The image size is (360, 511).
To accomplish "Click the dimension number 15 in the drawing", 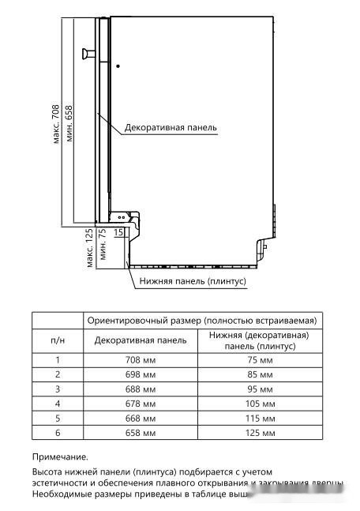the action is [118, 232].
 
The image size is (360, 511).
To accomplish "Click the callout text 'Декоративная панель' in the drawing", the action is [170, 126].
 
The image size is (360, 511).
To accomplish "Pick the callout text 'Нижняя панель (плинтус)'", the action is [193, 280].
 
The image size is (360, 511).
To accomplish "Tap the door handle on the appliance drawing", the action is [85, 54].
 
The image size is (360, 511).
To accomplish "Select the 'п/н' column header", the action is [58, 340].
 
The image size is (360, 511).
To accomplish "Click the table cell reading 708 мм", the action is [140, 360].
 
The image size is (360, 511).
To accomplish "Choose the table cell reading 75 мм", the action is [259, 360].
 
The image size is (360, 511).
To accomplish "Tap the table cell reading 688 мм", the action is [140, 389].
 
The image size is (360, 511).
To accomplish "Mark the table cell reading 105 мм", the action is [259, 404].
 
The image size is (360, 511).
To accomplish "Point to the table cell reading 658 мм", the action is [140, 433].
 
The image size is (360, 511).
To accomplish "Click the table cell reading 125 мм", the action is [259, 433].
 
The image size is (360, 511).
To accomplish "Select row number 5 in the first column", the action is [58, 419].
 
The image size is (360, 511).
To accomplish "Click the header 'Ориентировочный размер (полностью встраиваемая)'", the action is [201, 321].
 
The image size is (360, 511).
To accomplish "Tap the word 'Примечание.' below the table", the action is [60, 457].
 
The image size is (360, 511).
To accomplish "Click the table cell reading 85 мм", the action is [259, 374].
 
